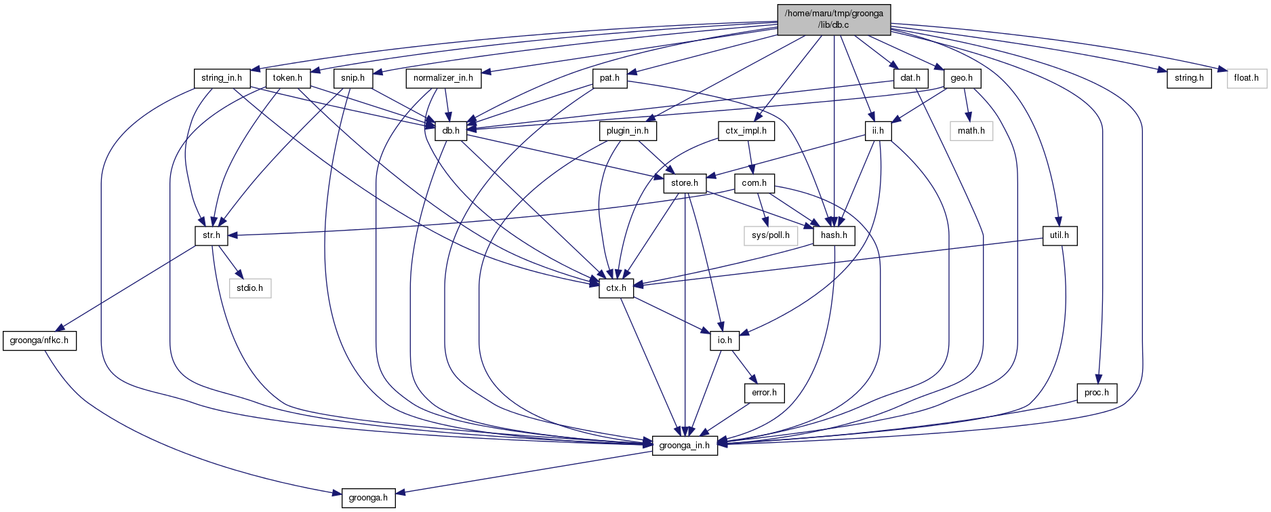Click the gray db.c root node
tap(833, 20)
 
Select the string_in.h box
tap(222, 78)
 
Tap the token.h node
tap(287, 78)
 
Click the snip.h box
tap(352, 78)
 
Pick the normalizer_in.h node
tap(443, 78)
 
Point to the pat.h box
tap(609, 78)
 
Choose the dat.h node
tap(910, 78)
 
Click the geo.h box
tap(961, 78)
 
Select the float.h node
tap(1246, 78)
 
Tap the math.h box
tap(971, 130)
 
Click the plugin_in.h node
tap(628, 130)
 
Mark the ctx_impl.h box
tap(746, 130)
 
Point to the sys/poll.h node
tap(770, 235)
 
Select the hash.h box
tap(834, 235)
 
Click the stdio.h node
tap(249, 288)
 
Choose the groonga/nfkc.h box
tap(39, 340)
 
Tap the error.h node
tap(764, 393)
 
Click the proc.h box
tap(1096, 393)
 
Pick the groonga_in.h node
tap(684, 446)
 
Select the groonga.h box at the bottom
tap(368, 498)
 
